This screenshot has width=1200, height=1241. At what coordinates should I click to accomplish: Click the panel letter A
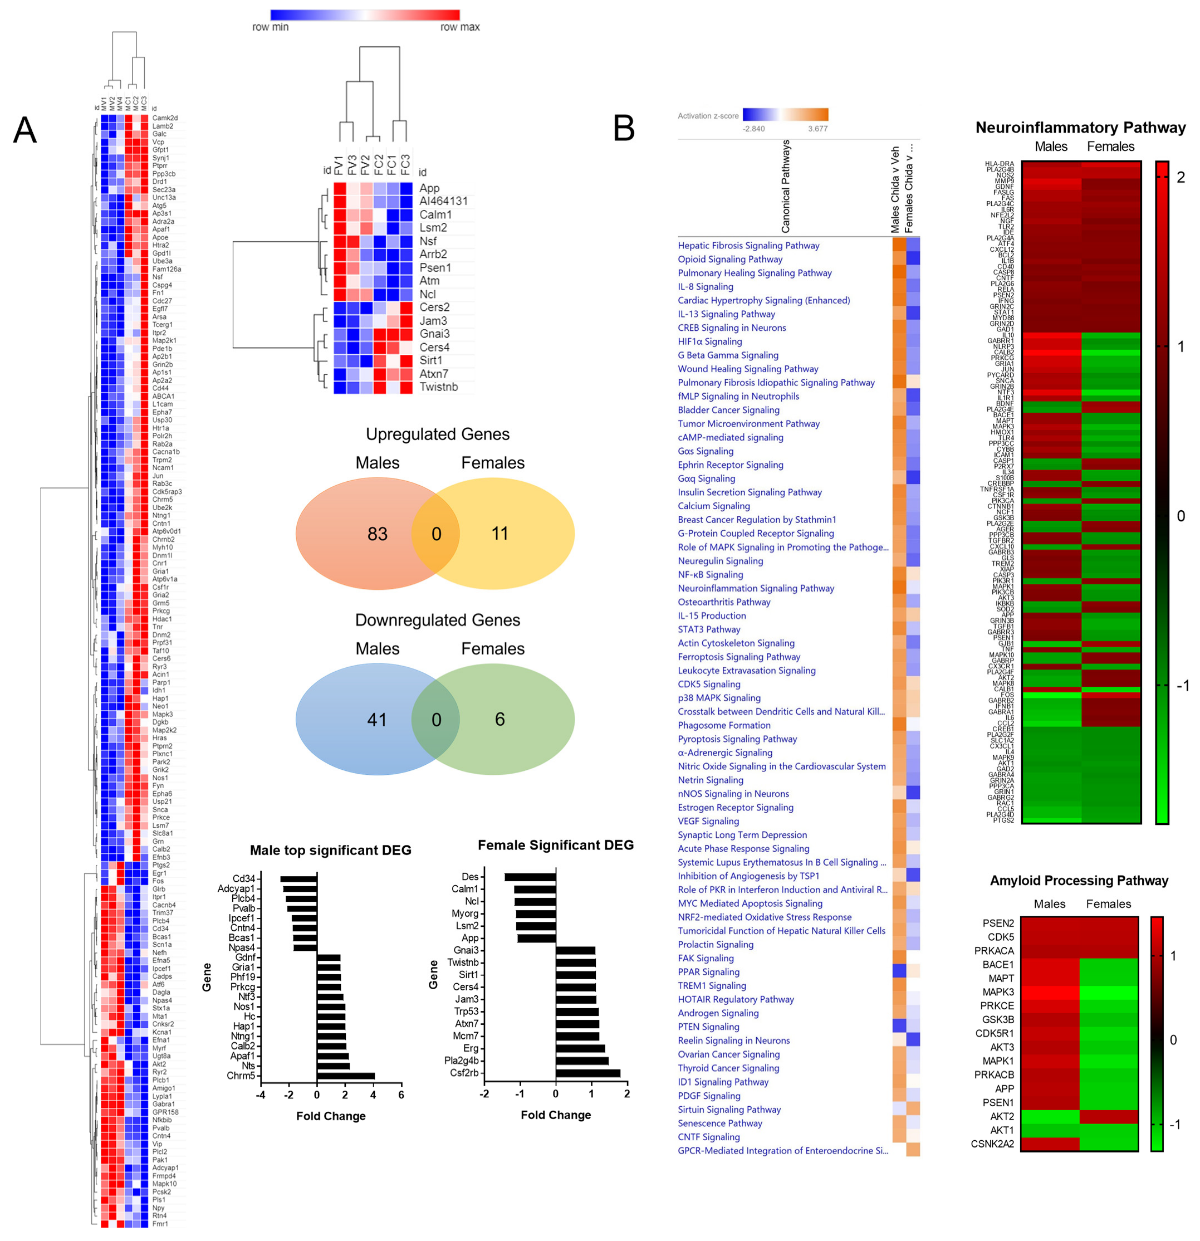click(x=25, y=130)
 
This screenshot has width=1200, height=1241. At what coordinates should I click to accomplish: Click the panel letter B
click(x=624, y=129)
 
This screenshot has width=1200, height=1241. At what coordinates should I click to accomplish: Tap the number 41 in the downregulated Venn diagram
click(x=377, y=719)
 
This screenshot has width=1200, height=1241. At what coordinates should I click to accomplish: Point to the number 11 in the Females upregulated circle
click(x=499, y=533)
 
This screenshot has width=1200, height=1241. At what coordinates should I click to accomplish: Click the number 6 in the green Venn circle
click(x=499, y=719)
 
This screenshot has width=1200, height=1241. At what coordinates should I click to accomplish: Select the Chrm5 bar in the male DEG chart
click(x=346, y=1076)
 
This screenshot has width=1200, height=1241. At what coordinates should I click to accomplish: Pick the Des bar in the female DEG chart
click(x=530, y=877)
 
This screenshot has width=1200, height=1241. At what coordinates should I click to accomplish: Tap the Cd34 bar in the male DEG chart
click(x=298, y=879)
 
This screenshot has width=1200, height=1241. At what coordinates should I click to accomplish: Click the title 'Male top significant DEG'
click(x=330, y=849)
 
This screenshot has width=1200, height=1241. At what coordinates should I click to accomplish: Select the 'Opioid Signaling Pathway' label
click(x=730, y=259)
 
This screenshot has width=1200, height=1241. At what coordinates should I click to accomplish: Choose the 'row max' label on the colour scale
click(x=459, y=27)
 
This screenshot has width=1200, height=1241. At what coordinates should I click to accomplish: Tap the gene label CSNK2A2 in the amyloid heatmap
click(x=992, y=1144)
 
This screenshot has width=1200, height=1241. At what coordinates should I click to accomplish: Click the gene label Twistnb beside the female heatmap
click(x=438, y=387)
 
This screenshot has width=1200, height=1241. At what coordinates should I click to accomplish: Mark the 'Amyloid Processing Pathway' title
click(x=1079, y=880)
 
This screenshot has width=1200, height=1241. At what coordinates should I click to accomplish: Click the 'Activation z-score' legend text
click(x=708, y=116)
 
